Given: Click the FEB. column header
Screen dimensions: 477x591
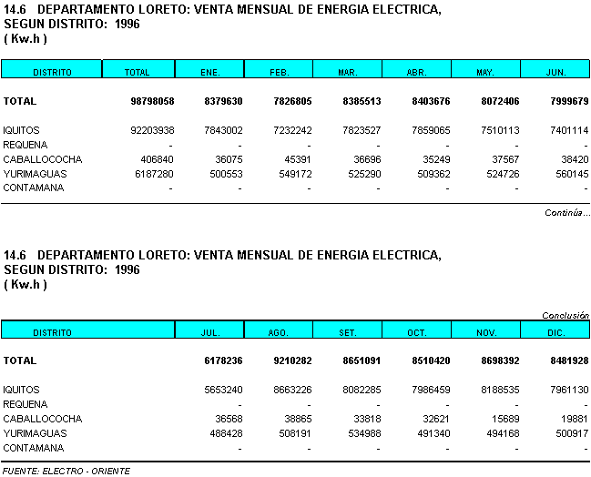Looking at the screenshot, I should pos(280,72).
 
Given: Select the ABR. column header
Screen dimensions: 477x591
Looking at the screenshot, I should pos(416,72).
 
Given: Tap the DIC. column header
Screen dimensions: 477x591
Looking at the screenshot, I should pos(555,333).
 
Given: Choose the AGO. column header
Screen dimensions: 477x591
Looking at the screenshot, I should pos(280,333).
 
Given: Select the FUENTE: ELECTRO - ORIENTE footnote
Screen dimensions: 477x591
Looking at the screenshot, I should pos(66,471).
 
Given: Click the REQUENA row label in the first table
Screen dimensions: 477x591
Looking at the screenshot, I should pos(25,145).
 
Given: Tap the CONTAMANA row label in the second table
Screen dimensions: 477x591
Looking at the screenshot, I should pos(33,448).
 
